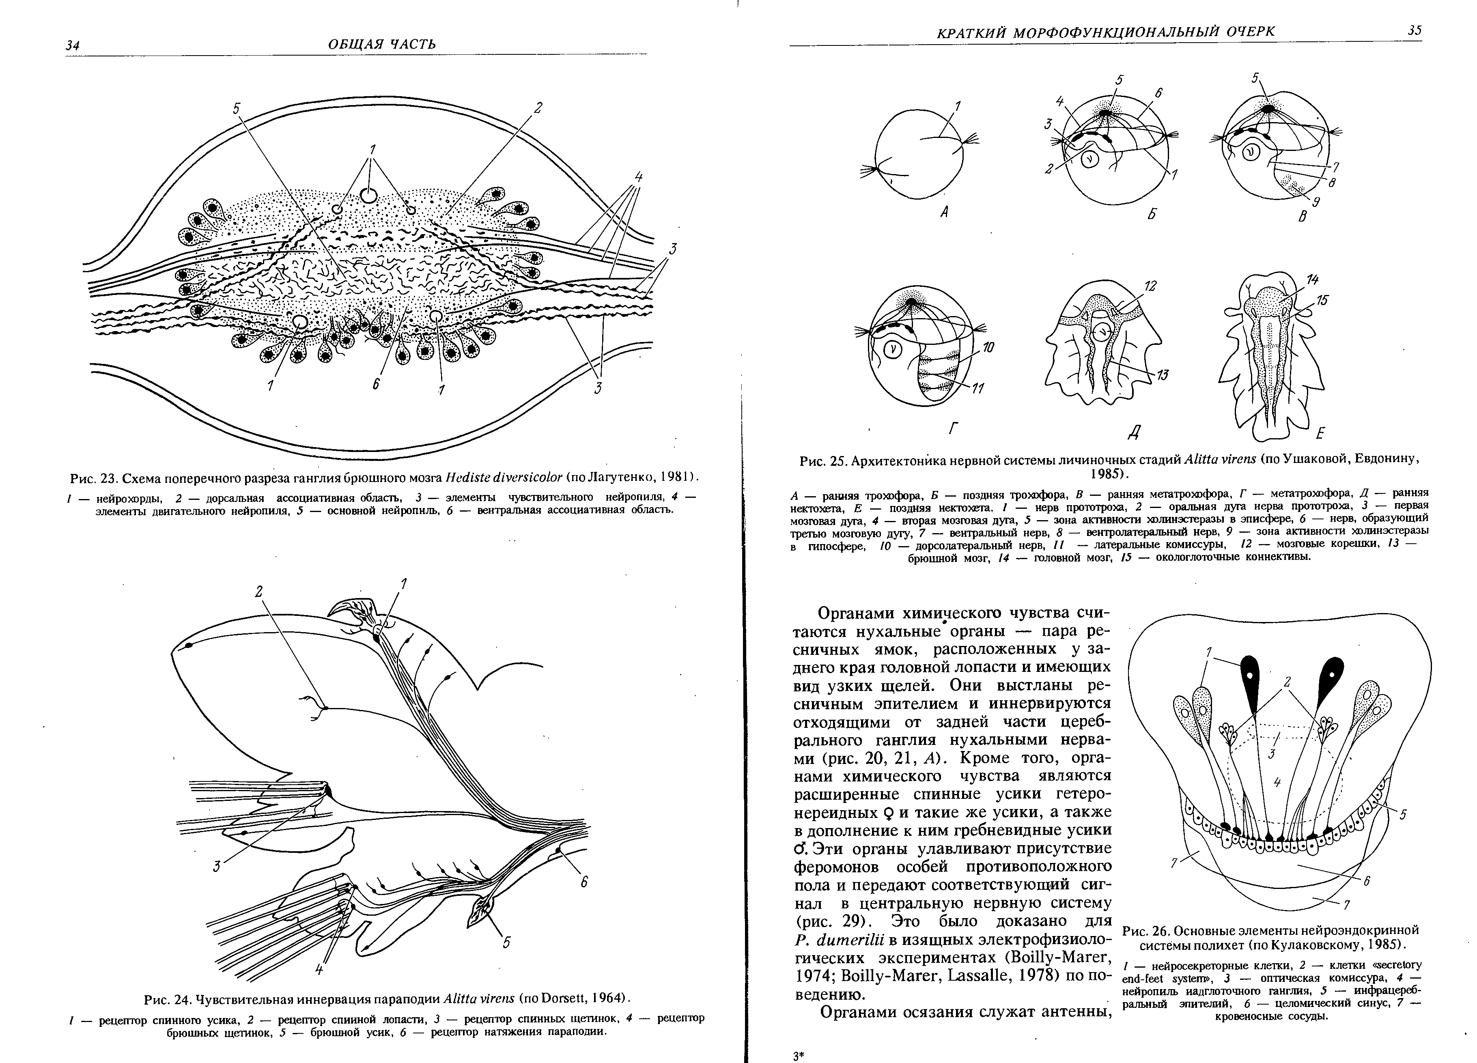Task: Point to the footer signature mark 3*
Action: pyautogui.click(x=800, y=1057)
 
